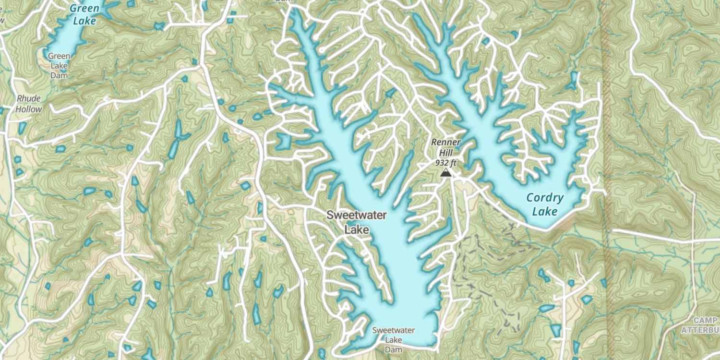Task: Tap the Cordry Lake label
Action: click(545, 204)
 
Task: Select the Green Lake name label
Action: click(84, 14)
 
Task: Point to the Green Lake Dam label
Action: click(59, 66)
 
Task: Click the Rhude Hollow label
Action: click(29, 104)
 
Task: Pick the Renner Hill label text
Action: click(445, 147)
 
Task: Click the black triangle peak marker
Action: click(446, 173)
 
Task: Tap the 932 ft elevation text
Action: click(445, 163)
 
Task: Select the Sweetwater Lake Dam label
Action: click(394, 340)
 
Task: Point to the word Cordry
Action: click(545, 198)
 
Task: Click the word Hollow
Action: click(29, 109)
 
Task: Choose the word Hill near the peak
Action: click(445, 152)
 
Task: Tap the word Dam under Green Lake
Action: click(59, 75)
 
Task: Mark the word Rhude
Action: click(29, 98)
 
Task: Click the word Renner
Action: click(445, 142)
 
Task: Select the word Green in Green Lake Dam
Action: click(59, 56)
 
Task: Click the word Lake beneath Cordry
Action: click(545, 212)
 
